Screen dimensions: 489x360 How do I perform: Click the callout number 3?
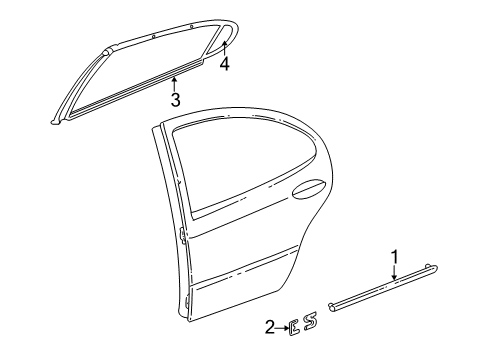coord(175,99)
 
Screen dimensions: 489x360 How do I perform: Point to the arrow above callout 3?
coord(175,83)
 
